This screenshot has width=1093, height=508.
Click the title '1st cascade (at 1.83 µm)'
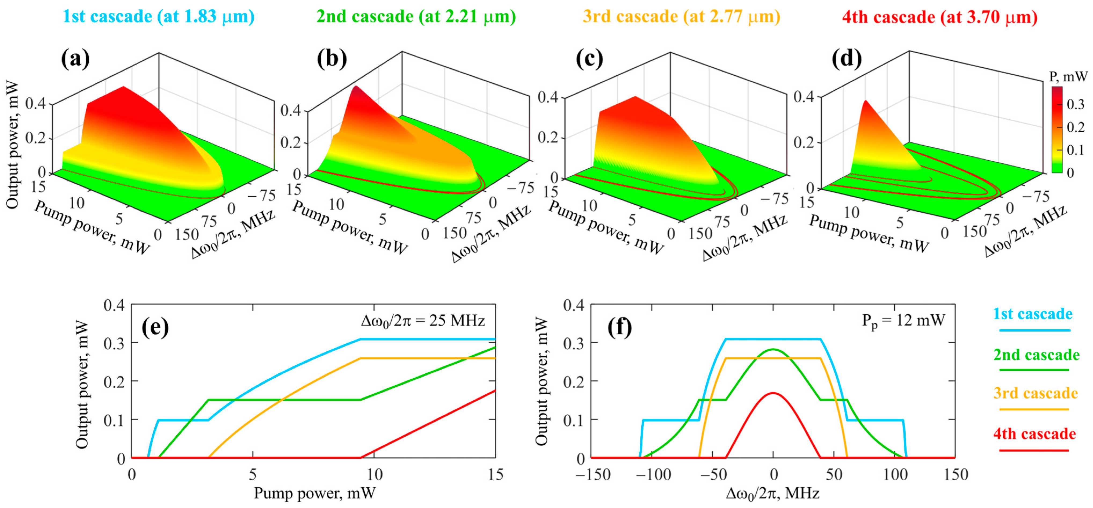point(158,17)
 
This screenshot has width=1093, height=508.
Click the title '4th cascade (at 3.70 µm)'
point(939,17)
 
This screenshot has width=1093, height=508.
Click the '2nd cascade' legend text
point(1036,355)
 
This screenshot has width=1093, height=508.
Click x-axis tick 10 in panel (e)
point(374,474)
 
